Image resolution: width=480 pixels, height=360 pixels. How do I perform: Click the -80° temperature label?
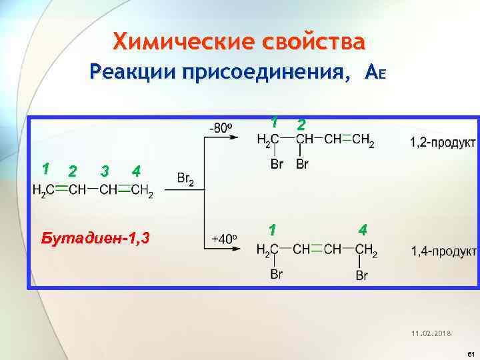pyautogui.click(x=221, y=127)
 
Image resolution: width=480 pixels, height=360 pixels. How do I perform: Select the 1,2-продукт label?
pyautogui.click(x=443, y=142)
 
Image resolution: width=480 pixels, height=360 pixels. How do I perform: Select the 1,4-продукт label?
pyautogui.click(x=443, y=251)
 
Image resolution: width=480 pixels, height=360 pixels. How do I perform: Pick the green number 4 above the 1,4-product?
pyautogui.click(x=362, y=230)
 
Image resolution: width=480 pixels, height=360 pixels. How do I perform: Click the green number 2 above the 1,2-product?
pyautogui.click(x=301, y=125)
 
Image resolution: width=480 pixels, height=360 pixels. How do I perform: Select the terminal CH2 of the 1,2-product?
pyautogui.click(x=363, y=141)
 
